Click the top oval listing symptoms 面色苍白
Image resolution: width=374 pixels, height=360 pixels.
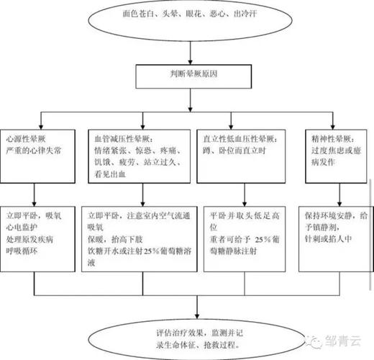point(189,16)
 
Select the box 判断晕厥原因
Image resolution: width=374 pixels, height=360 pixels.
point(188,73)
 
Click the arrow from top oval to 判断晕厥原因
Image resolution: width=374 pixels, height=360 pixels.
point(189,50)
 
